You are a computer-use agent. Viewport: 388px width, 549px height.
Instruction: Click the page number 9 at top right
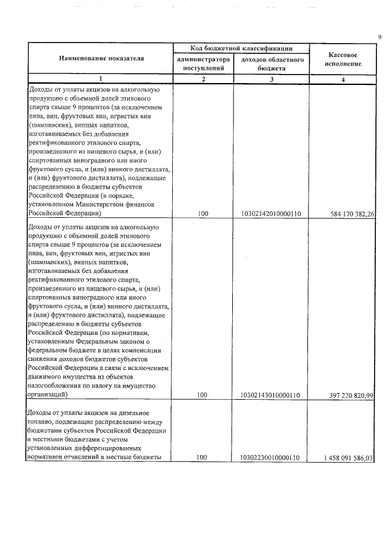coord(379,38)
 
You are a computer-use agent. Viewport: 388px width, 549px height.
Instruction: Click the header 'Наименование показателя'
coord(101,58)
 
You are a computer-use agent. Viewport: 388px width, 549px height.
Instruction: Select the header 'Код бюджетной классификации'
coord(241,48)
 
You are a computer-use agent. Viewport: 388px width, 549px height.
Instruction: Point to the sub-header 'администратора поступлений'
coord(203,64)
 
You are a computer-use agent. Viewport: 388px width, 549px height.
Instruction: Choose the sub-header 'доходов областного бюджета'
coord(271,64)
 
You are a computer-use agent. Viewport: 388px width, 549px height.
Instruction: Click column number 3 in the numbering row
coord(271,79)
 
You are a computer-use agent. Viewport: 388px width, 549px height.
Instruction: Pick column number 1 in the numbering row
coord(101,79)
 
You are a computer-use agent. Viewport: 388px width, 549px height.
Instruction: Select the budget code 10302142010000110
coord(271,214)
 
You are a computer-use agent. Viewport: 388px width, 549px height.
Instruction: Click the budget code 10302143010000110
coord(271,395)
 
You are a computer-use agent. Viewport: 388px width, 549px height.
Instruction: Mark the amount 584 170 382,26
coord(349,214)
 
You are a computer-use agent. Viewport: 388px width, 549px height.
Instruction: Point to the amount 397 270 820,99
coord(349,395)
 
